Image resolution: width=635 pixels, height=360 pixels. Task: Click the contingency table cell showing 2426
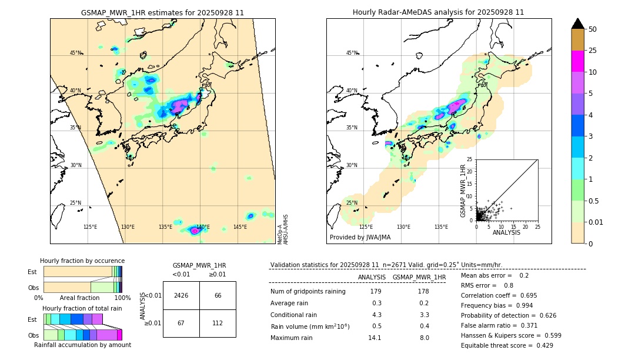pos(181,295)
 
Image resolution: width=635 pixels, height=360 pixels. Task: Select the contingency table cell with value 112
pos(218,323)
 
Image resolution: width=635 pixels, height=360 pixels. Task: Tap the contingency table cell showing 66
pos(218,295)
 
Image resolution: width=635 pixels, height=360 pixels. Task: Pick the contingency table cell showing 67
pos(181,323)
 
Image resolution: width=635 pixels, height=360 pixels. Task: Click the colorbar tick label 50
pos(593,29)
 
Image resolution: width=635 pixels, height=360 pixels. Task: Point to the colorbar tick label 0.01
pos(596,222)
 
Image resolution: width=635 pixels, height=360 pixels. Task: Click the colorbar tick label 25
pos(593,51)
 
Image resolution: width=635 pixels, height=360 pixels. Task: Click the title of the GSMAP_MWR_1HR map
pos(162,12)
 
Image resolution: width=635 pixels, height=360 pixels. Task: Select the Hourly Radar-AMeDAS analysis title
pos(438,12)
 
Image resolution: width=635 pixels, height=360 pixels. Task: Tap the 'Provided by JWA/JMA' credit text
pos(360,238)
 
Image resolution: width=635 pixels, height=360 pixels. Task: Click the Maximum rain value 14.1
pos(375,338)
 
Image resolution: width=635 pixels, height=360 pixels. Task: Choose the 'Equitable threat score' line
pos(507,345)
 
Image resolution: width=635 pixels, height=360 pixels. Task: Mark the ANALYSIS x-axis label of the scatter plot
pos(506,232)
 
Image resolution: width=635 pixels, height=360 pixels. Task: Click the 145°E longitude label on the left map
pos(240,227)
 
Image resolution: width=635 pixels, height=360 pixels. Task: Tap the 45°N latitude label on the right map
pos(352,53)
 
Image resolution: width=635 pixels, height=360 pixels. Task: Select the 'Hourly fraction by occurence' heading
pos(82,261)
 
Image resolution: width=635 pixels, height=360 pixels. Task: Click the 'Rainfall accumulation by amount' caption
pos(82,345)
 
